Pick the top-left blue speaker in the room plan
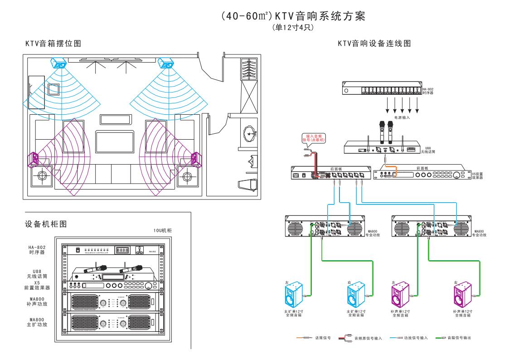coord(59,62)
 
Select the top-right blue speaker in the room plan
coord(167,62)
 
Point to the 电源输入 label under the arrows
coord(402,117)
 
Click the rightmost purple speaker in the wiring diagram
coord(463,295)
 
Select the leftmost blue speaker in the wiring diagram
coord(293,295)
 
